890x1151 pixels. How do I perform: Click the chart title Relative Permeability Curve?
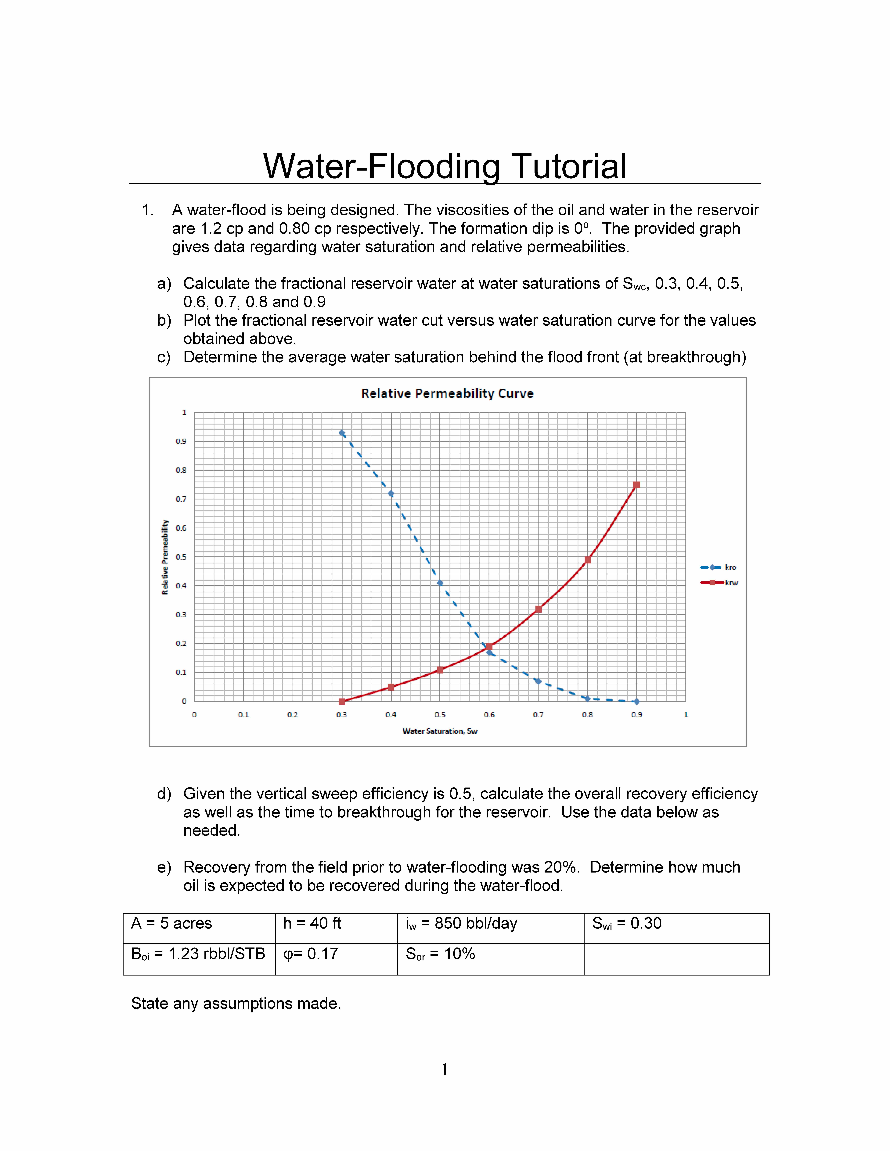pyautogui.click(x=447, y=394)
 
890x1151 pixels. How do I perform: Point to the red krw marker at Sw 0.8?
pyautogui.click(x=587, y=560)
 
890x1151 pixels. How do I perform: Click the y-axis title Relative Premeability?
pyautogui.click(x=165, y=557)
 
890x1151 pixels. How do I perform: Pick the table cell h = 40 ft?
pyautogui.click(x=312, y=923)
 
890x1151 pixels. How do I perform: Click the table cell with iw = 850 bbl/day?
pyautogui.click(x=461, y=923)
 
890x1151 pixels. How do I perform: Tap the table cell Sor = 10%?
pyautogui.click(x=440, y=954)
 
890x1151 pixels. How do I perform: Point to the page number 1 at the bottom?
pyautogui.click(x=445, y=1069)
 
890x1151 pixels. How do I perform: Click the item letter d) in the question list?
pyautogui.click(x=164, y=794)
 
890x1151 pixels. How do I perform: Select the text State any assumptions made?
pyautogui.click(x=236, y=1003)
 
